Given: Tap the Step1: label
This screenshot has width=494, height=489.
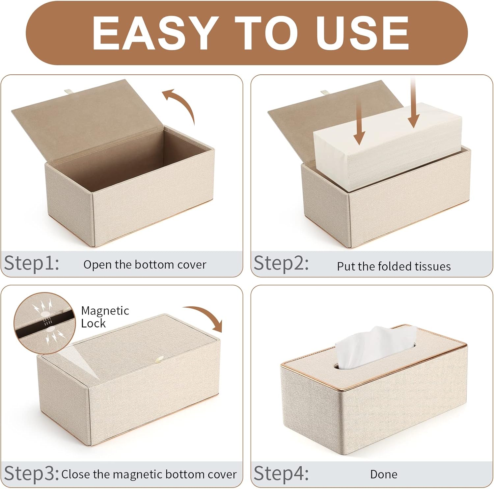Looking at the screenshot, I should pyautogui.click(x=32, y=263).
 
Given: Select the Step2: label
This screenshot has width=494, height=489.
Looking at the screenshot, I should pyautogui.click(x=281, y=263).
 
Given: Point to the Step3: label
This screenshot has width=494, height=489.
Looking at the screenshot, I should pyautogui.click(x=32, y=474).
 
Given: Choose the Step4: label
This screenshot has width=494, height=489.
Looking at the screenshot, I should pyautogui.click(x=281, y=474).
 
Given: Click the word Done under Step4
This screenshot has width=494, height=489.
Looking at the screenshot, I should pyautogui.click(x=384, y=474).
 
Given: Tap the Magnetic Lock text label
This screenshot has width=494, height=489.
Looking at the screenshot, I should pyautogui.click(x=105, y=317).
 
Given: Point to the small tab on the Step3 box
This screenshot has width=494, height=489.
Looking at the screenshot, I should pyautogui.click(x=160, y=360).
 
